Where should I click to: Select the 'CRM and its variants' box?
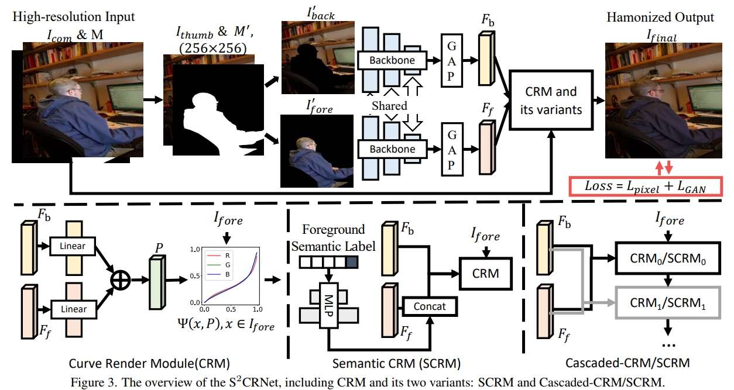[548, 100]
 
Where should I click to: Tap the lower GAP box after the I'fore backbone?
[451, 149]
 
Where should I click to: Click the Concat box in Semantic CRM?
[428, 306]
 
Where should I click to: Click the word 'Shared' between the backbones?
[389, 106]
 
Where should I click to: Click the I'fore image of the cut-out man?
[317, 151]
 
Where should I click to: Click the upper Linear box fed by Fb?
[73, 246]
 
